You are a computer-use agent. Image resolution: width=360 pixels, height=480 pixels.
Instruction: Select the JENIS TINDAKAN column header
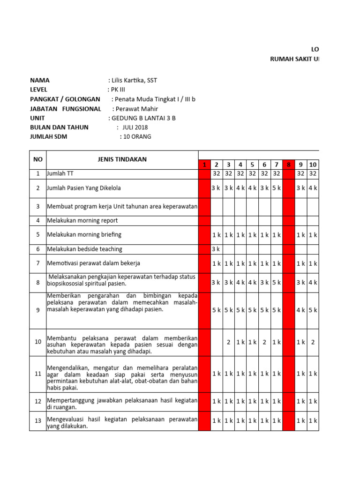point(122,159)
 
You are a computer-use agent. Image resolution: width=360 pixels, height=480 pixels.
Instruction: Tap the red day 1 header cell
point(204,165)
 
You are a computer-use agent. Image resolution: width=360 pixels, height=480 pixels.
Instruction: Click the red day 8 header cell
point(289,165)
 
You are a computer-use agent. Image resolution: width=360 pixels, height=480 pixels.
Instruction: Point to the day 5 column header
point(252,165)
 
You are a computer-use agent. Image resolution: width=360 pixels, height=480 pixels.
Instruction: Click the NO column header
point(37,159)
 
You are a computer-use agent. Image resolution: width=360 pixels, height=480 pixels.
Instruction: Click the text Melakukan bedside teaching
point(84,249)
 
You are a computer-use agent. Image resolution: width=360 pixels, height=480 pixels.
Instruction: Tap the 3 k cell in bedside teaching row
point(216,249)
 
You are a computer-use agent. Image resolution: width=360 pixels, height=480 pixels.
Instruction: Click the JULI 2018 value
point(135,127)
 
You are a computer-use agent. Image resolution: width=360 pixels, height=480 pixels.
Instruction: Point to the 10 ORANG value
point(137,137)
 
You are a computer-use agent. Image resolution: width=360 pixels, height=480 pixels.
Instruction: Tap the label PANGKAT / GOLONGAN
point(65,99)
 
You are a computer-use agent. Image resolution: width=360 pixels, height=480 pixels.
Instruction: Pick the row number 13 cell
point(37,421)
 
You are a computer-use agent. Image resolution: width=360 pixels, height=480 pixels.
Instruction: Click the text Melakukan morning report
point(82,220)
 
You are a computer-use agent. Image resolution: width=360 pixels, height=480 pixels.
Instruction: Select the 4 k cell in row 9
point(301,310)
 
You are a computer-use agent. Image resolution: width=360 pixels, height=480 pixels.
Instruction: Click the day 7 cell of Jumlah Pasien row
point(277,188)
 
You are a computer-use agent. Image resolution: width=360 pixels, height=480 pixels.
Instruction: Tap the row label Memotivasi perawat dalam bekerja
point(93,263)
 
